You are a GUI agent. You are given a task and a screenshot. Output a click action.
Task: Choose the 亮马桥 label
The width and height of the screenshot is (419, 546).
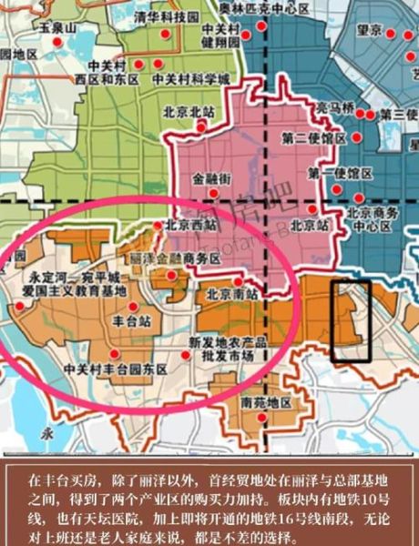335,107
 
